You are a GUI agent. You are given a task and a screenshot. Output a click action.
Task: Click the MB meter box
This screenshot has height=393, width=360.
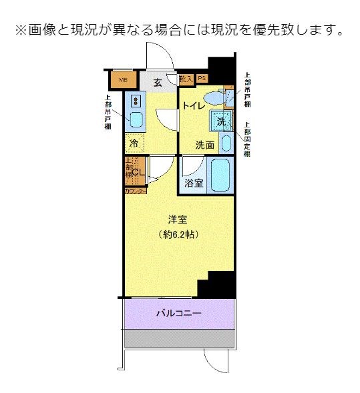tap(123, 81)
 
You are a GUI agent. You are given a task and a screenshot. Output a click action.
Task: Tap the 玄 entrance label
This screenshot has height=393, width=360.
tap(158, 83)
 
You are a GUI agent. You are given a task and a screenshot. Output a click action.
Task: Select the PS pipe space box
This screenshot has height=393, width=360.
tap(202, 78)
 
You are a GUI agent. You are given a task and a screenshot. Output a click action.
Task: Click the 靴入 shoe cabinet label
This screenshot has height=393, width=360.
tap(187, 79)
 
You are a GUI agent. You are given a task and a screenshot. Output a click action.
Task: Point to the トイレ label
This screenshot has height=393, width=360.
tap(192, 105)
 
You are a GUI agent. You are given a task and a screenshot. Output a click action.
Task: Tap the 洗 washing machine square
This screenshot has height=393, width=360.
tap(221, 121)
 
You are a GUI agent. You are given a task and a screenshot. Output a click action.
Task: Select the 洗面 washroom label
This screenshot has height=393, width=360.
tap(204, 145)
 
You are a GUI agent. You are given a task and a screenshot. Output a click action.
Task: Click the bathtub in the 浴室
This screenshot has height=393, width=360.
tap(220, 175)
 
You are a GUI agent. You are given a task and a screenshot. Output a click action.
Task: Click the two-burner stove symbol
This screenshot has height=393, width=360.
tap(136, 101)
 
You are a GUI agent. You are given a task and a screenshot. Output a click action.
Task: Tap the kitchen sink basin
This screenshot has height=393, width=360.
tap(136, 121)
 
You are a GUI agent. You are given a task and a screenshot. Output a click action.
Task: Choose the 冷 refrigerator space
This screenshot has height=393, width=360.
tap(134, 143)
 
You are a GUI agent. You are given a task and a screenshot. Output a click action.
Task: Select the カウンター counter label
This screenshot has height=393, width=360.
tap(135, 191)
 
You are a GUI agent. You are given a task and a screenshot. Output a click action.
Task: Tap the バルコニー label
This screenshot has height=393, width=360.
tap(178, 312)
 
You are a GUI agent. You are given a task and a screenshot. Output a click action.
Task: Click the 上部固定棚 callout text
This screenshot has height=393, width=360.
tap(246, 139)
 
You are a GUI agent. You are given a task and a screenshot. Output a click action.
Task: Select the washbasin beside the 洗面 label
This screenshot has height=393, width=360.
tap(226, 143)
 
